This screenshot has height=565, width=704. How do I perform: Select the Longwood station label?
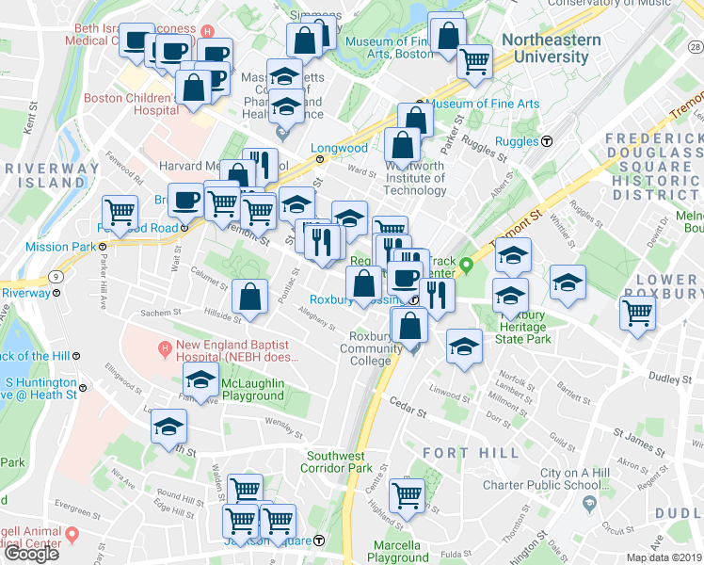point(340,148)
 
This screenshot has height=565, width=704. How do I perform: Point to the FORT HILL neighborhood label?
point(471,453)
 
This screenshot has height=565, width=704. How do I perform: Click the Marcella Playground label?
point(397,551)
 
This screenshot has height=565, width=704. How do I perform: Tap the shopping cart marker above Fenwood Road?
point(120,212)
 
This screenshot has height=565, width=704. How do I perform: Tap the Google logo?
point(31,554)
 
